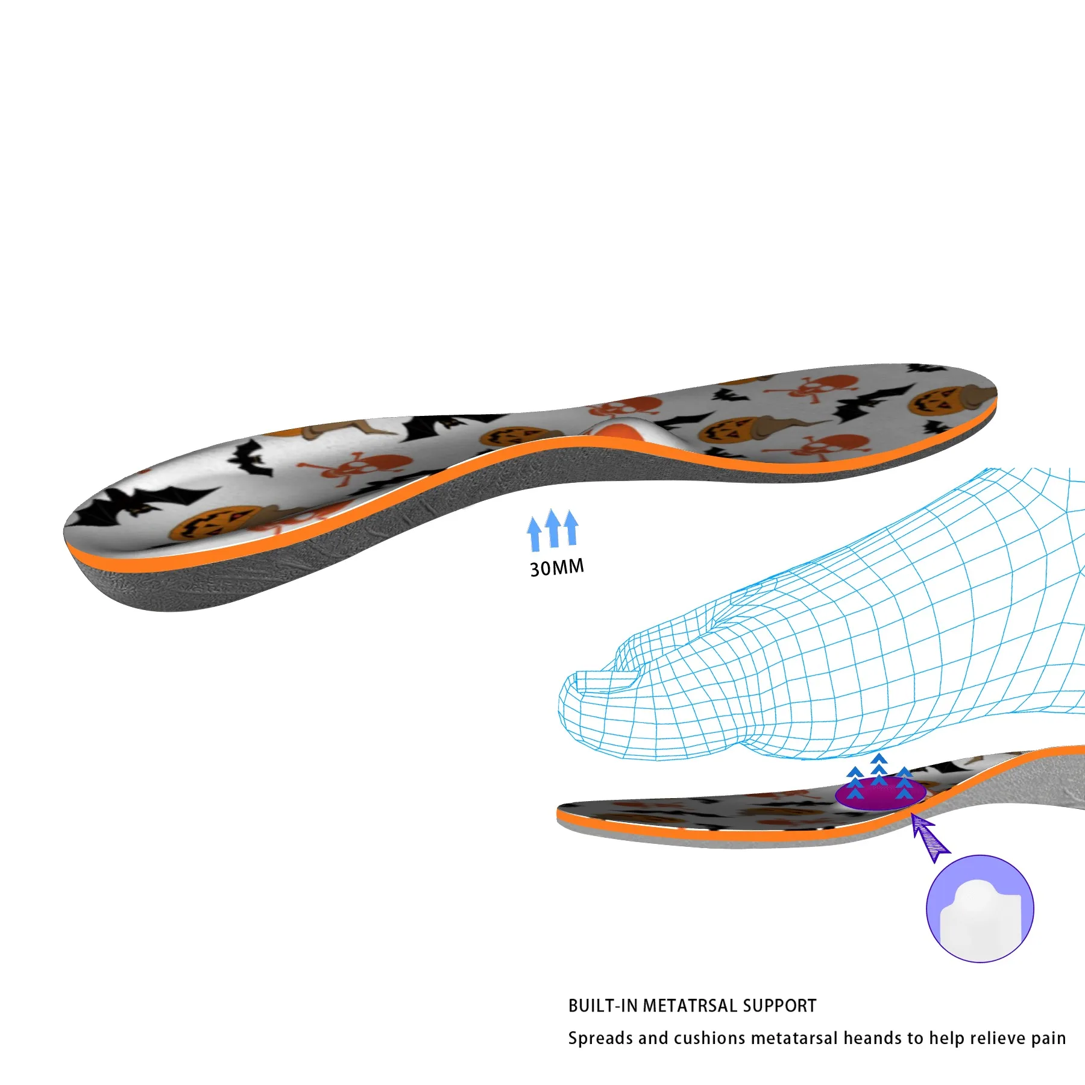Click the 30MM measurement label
556,567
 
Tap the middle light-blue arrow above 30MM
553,528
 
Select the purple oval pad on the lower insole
880,794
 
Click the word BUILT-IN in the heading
603,1005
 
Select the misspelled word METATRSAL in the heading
690,1005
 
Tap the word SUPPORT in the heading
779,1005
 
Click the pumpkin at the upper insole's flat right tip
931,401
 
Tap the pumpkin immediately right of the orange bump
726,431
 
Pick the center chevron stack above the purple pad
879,769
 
